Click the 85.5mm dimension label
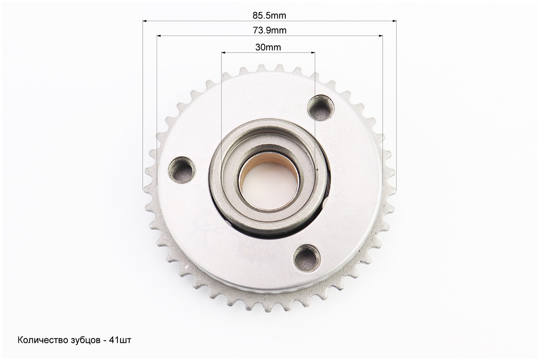coord(269,15)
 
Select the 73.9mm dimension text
coord(270,30)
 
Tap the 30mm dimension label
coord(268,47)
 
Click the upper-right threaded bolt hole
coord(320,108)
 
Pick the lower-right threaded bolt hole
coord(307,257)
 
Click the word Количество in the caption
coord(41,340)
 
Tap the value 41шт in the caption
coord(120,340)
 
